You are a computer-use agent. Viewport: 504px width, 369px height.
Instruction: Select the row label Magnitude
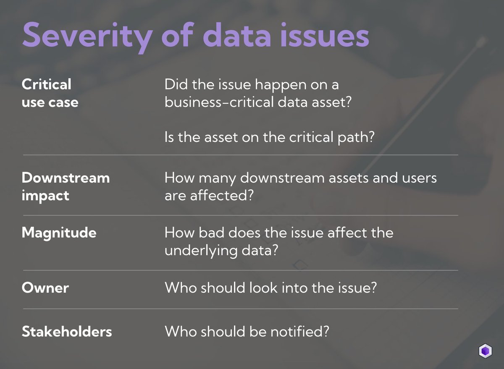59,232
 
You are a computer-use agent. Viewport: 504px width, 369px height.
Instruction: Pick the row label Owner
45,288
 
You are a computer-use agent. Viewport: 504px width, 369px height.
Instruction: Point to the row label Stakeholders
67,332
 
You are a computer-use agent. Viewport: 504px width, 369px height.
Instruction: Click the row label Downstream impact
66,186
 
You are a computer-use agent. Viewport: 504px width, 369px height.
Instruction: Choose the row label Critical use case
50,93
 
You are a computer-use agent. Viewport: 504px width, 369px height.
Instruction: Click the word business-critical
215,102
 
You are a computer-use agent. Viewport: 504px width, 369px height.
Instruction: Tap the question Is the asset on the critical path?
269,137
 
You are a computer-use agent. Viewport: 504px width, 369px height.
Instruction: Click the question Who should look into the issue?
270,288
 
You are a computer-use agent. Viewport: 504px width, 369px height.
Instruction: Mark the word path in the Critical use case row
356,137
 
